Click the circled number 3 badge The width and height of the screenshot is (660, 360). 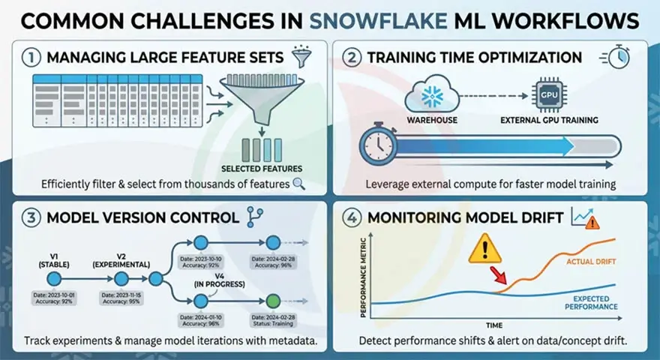click(31, 217)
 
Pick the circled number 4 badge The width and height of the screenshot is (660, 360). click(353, 217)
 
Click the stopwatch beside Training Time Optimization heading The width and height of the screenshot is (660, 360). click(617, 58)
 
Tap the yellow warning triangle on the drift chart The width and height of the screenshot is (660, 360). click(484, 250)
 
